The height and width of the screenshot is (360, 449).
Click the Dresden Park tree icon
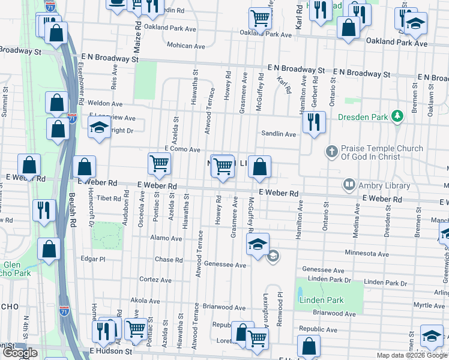(x=396, y=116)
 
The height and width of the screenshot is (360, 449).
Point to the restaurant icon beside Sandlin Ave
(x=313, y=122)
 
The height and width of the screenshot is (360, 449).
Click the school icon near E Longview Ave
(x=98, y=127)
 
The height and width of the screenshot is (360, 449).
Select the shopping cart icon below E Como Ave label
(x=159, y=163)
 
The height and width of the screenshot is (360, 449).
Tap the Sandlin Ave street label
(x=278, y=134)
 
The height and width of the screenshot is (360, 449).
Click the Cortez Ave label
(x=155, y=280)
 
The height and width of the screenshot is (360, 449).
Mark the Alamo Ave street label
(x=166, y=238)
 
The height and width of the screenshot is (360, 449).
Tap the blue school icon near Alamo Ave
(x=257, y=244)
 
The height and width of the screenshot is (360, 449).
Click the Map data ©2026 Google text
(x=411, y=355)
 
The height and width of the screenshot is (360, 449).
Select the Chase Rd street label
(x=169, y=260)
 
